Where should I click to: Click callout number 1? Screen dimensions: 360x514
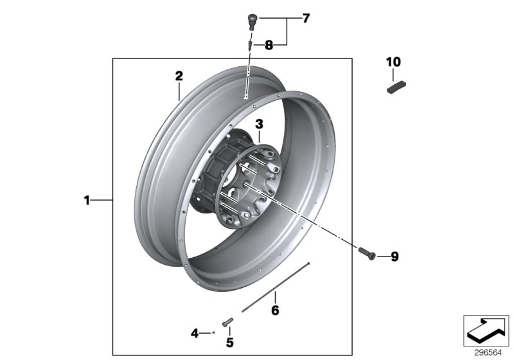[87, 201]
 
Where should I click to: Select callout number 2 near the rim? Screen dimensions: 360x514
[179, 76]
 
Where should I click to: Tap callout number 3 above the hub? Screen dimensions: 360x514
[259, 123]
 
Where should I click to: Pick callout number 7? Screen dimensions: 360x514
[306, 19]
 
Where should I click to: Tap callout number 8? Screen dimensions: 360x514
[268, 45]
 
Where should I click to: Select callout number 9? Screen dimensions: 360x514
[394, 256]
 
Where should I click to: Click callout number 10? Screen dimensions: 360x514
[393, 62]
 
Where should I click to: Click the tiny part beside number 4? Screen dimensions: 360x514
[213, 333]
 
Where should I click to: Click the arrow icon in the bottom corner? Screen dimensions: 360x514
[486, 330]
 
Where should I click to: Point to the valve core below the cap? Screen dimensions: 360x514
[250, 44]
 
